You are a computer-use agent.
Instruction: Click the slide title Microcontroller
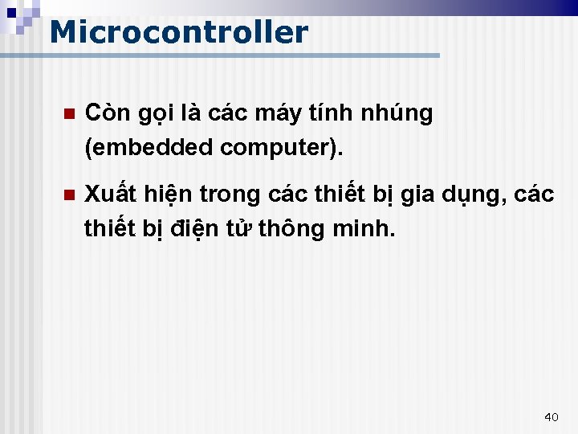[178, 33]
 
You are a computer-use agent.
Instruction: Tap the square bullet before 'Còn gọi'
[68, 114]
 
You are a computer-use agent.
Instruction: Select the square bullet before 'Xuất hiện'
[68, 194]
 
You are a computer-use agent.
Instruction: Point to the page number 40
[551, 416]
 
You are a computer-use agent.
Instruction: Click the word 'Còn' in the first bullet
[104, 113]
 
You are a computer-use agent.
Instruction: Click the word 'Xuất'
[108, 194]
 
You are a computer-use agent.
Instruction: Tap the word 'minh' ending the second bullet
[366, 229]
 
